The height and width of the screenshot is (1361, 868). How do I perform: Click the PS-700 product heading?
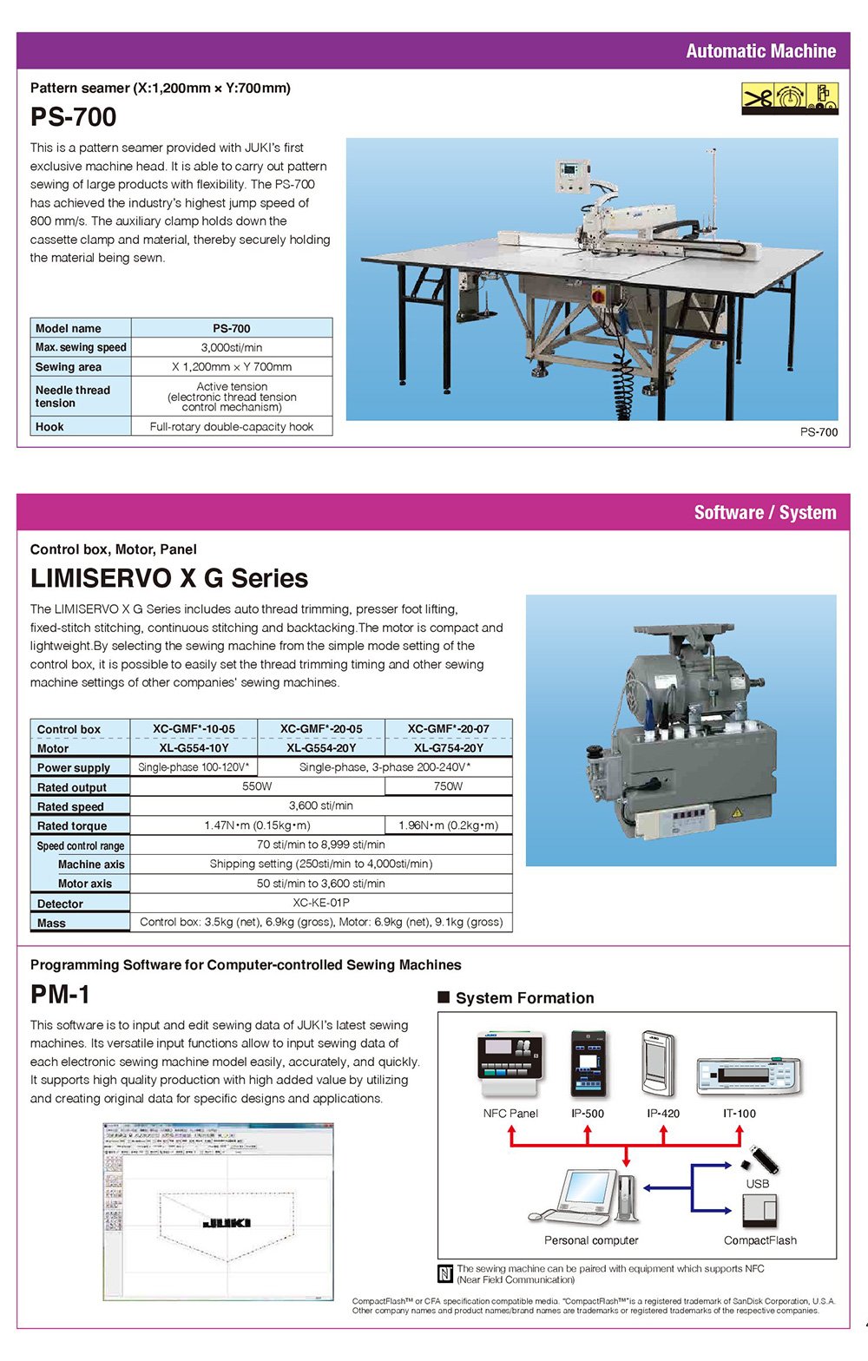coord(73,117)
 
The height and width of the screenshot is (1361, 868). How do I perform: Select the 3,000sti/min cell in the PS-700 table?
coord(231,347)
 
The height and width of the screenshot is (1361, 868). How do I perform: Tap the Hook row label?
coord(49,427)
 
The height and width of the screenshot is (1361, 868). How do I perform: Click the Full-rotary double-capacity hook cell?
coord(231,427)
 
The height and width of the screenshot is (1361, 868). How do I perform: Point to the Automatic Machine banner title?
coord(760,51)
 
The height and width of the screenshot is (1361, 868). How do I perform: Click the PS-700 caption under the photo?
coord(819,432)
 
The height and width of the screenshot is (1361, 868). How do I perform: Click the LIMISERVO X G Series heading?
coord(169,578)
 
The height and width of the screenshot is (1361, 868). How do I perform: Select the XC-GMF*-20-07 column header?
coord(448,729)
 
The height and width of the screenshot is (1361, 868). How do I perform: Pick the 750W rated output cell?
coord(448,786)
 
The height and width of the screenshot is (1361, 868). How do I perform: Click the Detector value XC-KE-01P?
coord(321,903)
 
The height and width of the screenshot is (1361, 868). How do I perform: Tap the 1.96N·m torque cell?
coord(448,825)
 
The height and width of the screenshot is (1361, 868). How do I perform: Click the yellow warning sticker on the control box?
coord(736,812)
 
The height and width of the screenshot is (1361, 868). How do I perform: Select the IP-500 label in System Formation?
coord(588,1114)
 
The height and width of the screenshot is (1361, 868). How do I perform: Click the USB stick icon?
coord(762,1159)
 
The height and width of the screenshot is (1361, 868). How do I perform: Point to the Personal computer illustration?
coord(586,1198)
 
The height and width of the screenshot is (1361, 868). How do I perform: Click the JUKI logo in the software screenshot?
coord(227,1223)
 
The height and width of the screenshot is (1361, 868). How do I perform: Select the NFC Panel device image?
coord(510,1064)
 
